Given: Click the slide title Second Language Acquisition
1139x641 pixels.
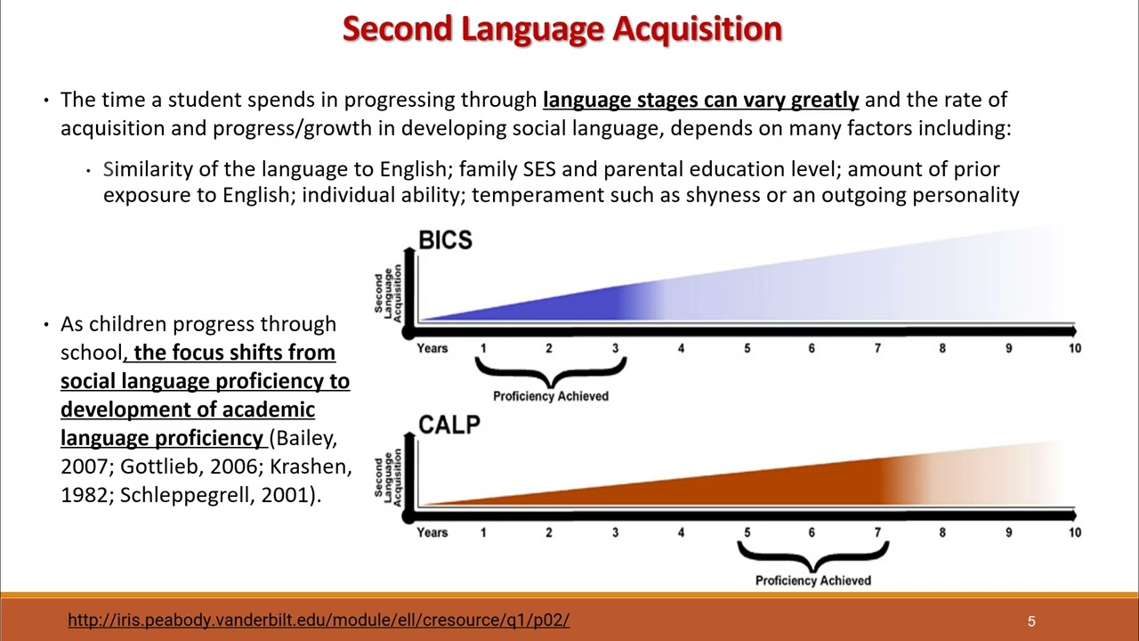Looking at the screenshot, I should pos(561,28).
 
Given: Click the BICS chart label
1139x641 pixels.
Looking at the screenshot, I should pos(445,239).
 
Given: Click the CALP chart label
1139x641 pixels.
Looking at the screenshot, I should pos(449,425).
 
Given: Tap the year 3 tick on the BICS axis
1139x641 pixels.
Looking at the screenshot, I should pos(615,348).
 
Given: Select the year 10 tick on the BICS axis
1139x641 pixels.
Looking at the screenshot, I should pos(1074,348).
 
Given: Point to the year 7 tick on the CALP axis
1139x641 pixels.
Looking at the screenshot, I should pos(877,532).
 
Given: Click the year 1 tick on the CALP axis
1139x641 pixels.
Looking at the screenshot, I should pos(483,532).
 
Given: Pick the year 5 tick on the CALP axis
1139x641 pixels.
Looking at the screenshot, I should pos(747,532).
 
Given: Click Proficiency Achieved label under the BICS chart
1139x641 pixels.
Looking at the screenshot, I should pos(551,396).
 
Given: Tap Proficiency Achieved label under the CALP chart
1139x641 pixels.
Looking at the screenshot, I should pos(812,580).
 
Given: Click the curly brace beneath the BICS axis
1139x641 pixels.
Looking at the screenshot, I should pos(551,372).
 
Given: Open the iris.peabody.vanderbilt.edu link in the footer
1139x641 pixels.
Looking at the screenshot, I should pos(318,621).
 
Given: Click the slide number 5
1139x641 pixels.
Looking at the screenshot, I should pos(1031,621).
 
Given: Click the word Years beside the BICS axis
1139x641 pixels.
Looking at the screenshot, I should pos(432,348).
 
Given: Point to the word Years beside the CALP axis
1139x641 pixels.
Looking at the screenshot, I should pos(432,532).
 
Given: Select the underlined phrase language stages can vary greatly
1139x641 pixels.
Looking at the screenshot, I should pos(700,100).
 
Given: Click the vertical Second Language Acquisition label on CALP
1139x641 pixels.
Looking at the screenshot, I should pos(388,477).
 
